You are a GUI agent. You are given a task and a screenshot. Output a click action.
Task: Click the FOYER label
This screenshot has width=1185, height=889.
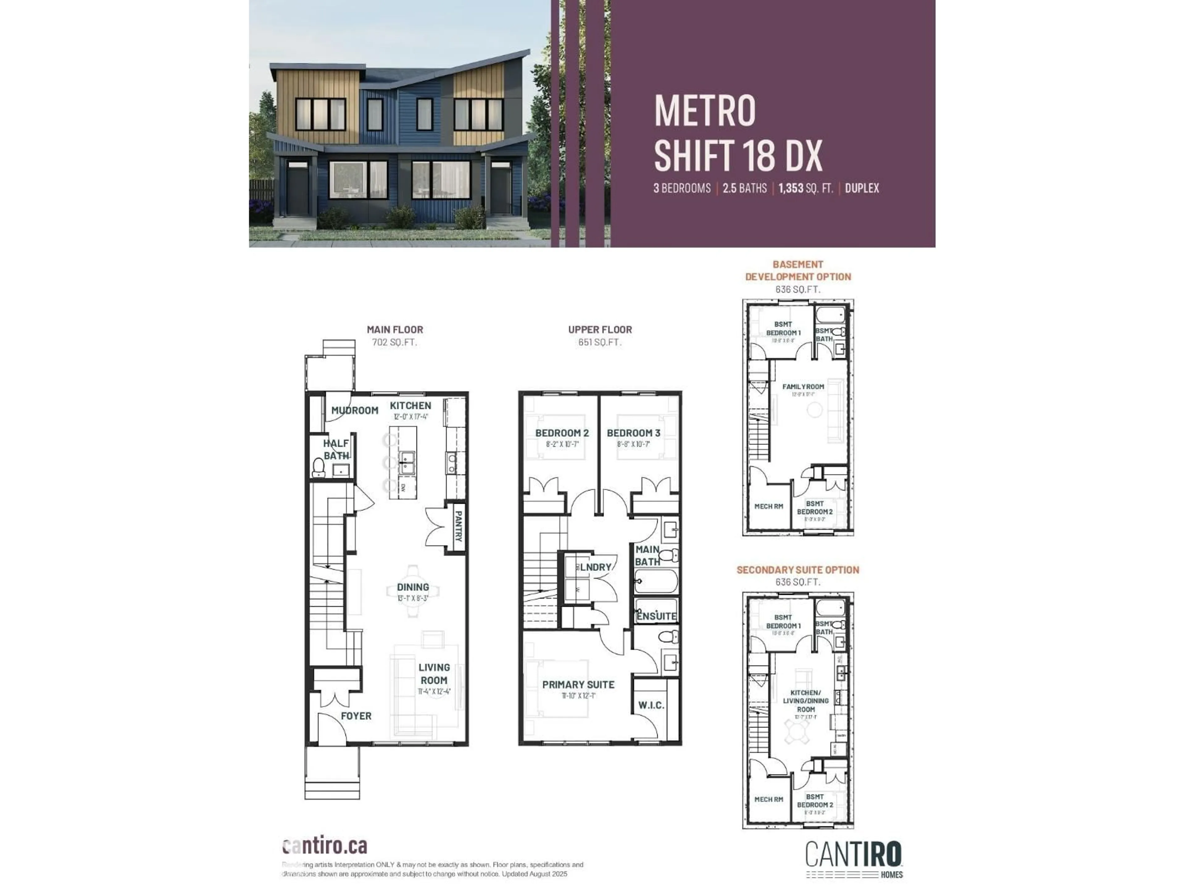click(356, 716)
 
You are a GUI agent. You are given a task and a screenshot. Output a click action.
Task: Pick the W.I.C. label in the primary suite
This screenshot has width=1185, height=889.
click(651, 705)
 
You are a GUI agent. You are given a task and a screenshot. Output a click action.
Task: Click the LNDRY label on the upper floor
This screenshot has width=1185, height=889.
click(596, 567)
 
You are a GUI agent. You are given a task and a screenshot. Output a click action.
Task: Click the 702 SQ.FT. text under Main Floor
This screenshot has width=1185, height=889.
click(394, 342)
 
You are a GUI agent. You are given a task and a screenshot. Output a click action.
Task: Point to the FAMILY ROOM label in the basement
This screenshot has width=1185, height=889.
click(803, 387)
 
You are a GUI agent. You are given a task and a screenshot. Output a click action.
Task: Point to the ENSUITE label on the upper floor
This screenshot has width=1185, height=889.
click(657, 616)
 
